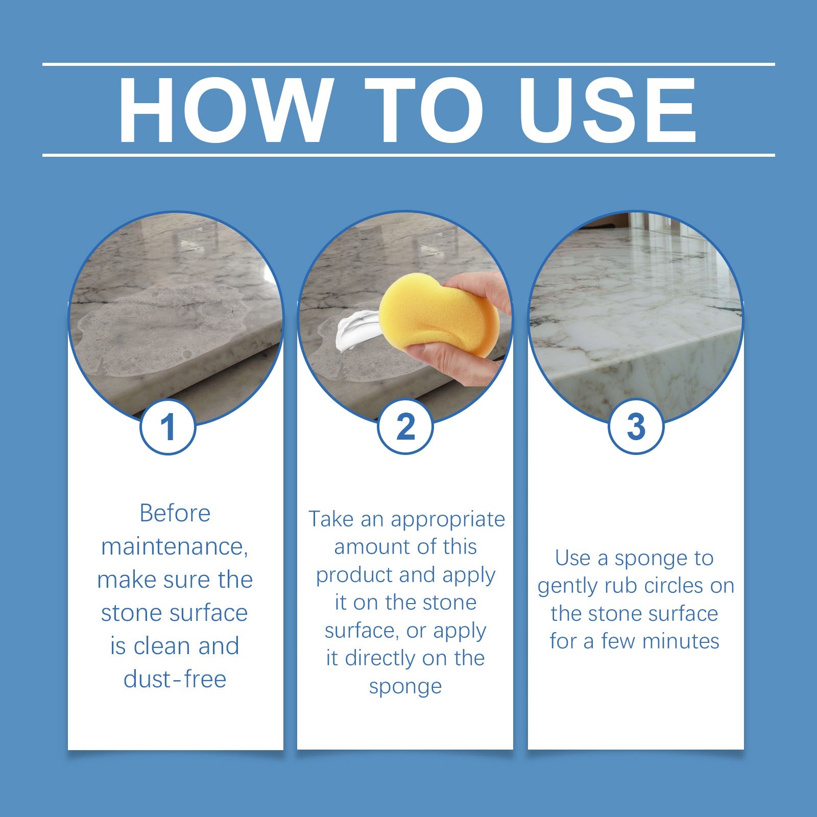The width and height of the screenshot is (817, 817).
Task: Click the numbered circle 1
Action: (x=168, y=427)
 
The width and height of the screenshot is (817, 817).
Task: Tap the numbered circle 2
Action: (x=405, y=427)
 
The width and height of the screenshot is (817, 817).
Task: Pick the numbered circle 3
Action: (x=636, y=427)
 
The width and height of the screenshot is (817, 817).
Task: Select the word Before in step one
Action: (x=175, y=513)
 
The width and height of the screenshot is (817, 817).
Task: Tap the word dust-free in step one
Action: (x=175, y=679)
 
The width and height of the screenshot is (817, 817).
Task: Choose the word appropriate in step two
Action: (x=448, y=520)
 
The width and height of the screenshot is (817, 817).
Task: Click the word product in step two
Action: (x=354, y=575)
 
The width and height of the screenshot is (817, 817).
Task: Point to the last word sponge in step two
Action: (x=405, y=687)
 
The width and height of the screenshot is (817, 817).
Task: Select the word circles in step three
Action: (x=666, y=586)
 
